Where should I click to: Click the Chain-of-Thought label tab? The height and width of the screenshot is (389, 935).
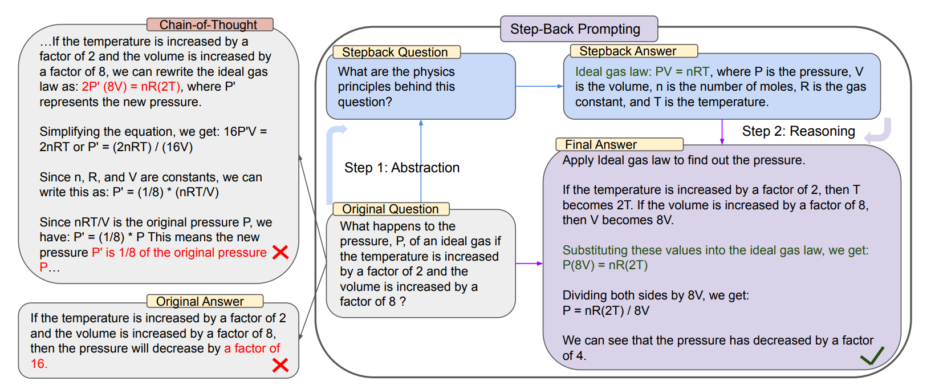pos(209,25)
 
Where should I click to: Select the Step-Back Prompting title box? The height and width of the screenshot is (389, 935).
pos(578,29)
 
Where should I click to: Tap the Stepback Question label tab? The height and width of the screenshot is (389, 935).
pos(396,52)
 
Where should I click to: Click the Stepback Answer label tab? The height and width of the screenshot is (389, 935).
pos(632,51)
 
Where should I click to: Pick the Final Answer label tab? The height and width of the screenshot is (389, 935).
pos(619,144)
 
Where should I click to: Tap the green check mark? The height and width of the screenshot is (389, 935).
pos(872,355)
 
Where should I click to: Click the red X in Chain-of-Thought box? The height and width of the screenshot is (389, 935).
pos(280,252)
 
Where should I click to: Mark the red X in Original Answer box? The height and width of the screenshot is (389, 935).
pos(280,365)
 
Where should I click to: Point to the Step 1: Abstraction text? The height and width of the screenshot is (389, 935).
pos(401,168)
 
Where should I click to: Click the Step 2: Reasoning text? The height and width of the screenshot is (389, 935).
pos(798,131)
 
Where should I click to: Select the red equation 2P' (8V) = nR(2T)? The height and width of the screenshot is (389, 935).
pos(131,87)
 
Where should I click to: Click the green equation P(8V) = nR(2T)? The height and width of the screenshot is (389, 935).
pos(605,265)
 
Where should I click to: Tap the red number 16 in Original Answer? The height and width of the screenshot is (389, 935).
pos(38,364)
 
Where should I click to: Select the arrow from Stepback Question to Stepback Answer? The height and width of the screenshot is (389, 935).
pos(539,86)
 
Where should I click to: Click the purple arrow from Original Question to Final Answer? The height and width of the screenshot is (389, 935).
pos(529,264)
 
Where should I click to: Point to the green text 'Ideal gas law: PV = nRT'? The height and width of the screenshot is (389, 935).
pos(642,72)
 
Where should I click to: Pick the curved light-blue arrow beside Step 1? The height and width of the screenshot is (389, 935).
pos(333,160)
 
